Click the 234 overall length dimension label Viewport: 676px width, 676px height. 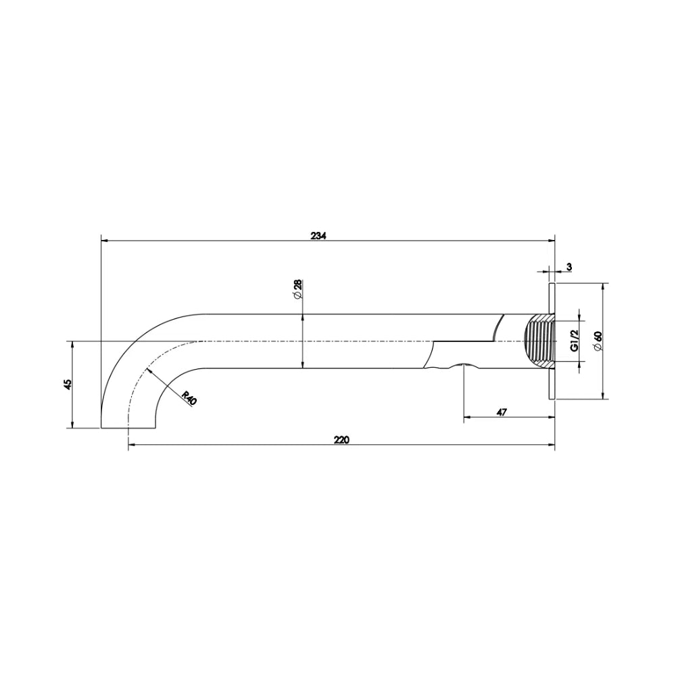[x=319, y=236]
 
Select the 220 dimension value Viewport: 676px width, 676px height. [x=341, y=440]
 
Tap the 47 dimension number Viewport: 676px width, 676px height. [x=501, y=412]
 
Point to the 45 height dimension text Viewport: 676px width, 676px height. [x=67, y=384]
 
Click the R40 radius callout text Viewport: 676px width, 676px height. [x=189, y=397]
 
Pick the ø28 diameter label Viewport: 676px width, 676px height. [x=297, y=289]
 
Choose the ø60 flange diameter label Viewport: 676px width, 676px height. [x=598, y=341]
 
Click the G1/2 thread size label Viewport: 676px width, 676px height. [x=574, y=341]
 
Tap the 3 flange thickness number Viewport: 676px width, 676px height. [x=569, y=267]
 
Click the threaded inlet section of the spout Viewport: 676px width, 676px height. [x=539, y=341]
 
